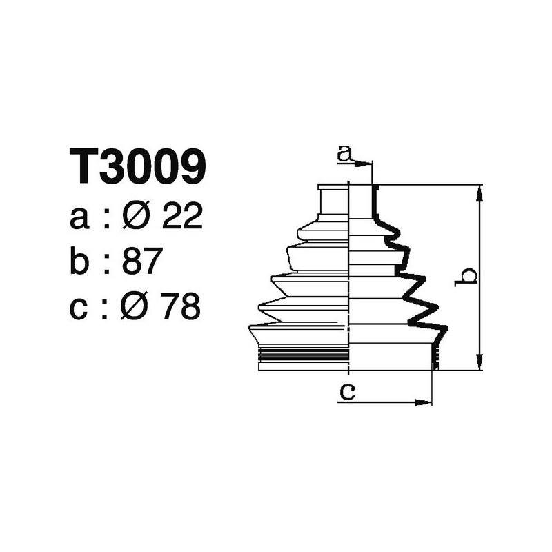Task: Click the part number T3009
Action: (x=137, y=166)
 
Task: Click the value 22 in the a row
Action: (x=181, y=218)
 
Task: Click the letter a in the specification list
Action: (x=80, y=219)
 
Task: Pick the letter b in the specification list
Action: (x=81, y=262)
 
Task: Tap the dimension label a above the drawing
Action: (x=344, y=153)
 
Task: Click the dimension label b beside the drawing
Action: (x=468, y=277)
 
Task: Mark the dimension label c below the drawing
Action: (x=347, y=392)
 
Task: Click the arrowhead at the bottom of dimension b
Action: (x=480, y=364)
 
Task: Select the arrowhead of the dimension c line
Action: (x=426, y=402)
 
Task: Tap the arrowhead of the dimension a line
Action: (x=366, y=164)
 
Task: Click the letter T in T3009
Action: (x=83, y=166)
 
